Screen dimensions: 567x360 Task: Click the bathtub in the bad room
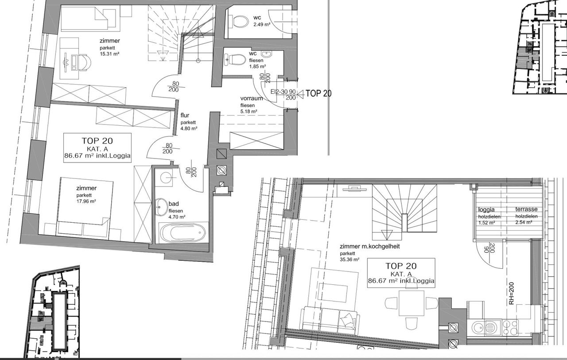click(x=183, y=232)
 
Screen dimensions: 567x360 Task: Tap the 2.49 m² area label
click(x=262, y=24)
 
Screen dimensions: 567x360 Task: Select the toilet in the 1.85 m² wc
click(x=235, y=60)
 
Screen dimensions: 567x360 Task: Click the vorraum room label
click(x=251, y=98)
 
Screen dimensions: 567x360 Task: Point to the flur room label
click(x=185, y=116)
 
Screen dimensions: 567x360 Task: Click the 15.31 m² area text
click(x=109, y=54)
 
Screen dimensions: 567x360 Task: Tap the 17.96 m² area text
click(x=86, y=201)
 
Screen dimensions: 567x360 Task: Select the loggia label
click(x=486, y=210)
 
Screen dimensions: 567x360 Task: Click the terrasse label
click(x=527, y=209)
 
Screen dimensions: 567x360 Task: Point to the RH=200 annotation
click(x=511, y=294)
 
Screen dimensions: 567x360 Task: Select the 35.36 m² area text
click(x=350, y=259)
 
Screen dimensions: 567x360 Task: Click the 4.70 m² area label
click(x=177, y=217)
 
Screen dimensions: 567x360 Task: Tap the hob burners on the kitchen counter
click(x=510, y=328)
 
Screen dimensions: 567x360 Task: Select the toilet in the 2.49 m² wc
click(x=239, y=22)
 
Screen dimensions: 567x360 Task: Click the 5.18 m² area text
click(x=249, y=111)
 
